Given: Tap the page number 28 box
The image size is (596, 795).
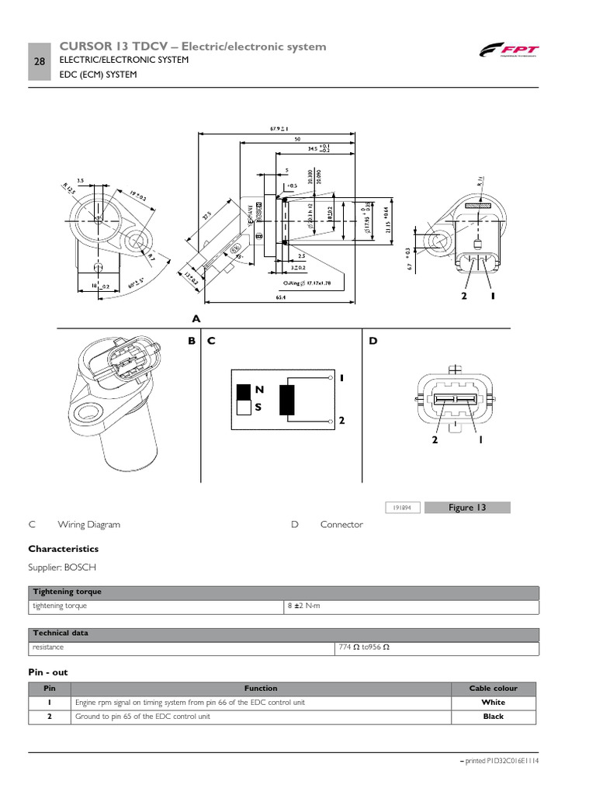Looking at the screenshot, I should (x=40, y=61).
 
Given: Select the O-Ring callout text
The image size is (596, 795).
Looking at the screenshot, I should (x=308, y=284).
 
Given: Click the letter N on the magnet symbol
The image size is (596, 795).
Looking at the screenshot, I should (x=258, y=389).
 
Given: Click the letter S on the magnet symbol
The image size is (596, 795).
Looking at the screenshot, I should (x=258, y=406).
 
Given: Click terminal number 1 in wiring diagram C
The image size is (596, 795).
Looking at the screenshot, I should (x=341, y=378).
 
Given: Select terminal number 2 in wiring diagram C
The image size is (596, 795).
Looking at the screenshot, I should (x=341, y=421).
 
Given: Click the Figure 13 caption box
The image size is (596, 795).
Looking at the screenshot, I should (x=467, y=508).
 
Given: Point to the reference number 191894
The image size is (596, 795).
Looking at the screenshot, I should (x=402, y=508).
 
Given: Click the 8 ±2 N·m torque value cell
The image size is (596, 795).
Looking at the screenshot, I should (x=303, y=606).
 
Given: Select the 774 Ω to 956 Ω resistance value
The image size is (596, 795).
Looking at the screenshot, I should (x=364, y=647).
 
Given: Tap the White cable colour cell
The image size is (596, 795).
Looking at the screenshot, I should (x=493, y=703).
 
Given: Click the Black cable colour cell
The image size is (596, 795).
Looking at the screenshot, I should (x=493, y=717).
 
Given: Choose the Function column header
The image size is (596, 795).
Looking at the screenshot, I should (x=260, y=688).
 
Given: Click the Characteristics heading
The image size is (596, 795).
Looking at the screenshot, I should (x=64, y=549).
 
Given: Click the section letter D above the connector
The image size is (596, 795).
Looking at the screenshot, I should (x=372, y=340).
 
